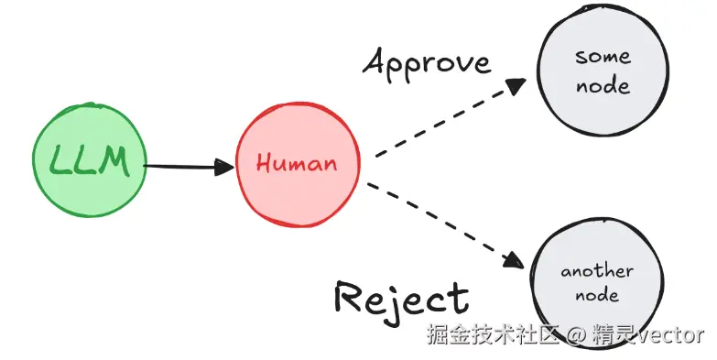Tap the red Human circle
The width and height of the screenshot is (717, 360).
295,166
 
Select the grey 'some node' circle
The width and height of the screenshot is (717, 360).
602,71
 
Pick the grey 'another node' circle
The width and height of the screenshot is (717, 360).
596,282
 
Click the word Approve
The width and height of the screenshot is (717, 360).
427,62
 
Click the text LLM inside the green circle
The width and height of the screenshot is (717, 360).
89,165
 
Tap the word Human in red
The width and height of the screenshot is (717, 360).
296,165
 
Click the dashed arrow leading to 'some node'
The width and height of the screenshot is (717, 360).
449,119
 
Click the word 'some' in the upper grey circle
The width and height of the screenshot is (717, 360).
602,57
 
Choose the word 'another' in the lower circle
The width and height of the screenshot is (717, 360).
596,271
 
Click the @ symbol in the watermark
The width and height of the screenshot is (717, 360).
576,335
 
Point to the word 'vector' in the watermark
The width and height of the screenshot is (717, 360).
670,334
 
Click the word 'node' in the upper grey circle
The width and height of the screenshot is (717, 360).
603,86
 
